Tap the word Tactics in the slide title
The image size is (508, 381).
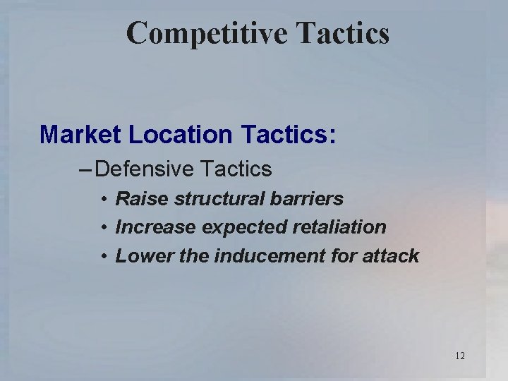pos(348,33)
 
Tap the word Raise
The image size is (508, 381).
pos(140,199)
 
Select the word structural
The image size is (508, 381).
pos(213,199)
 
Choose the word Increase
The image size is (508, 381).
pos(155,227)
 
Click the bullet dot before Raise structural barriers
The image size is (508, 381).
pos(103,200)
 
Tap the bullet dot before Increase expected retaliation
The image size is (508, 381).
pos(103,228)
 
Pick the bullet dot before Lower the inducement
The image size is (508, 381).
pos(103,256)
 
